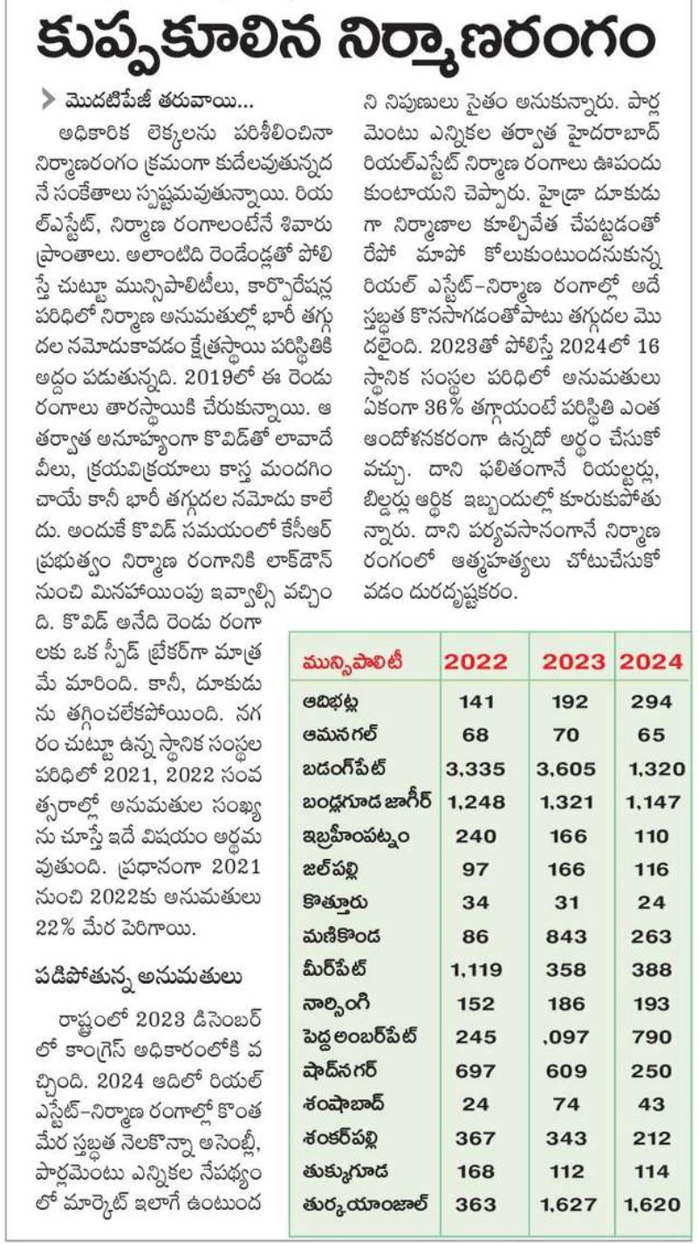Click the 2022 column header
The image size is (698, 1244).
(x=476, y=662)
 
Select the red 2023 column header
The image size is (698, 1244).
(x=573, y=662)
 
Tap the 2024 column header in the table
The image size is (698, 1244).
(x=651, y=662)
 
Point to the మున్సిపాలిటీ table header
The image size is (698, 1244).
(x=352, y=662)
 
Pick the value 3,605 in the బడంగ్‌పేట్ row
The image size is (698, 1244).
(x=565, y=769)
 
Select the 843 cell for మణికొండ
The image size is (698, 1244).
(x=566, y=937)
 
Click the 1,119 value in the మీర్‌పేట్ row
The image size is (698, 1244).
(x=476, y=970)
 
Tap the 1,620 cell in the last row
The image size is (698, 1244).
(x=652, y=1205)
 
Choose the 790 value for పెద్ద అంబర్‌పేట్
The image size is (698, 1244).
(x=652, y=1037)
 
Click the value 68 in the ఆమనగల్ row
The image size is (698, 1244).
(x=476, y=735)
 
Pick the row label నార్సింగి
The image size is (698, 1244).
(x=336, y=1004)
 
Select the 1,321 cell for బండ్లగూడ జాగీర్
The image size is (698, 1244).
(x=565, y=802)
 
